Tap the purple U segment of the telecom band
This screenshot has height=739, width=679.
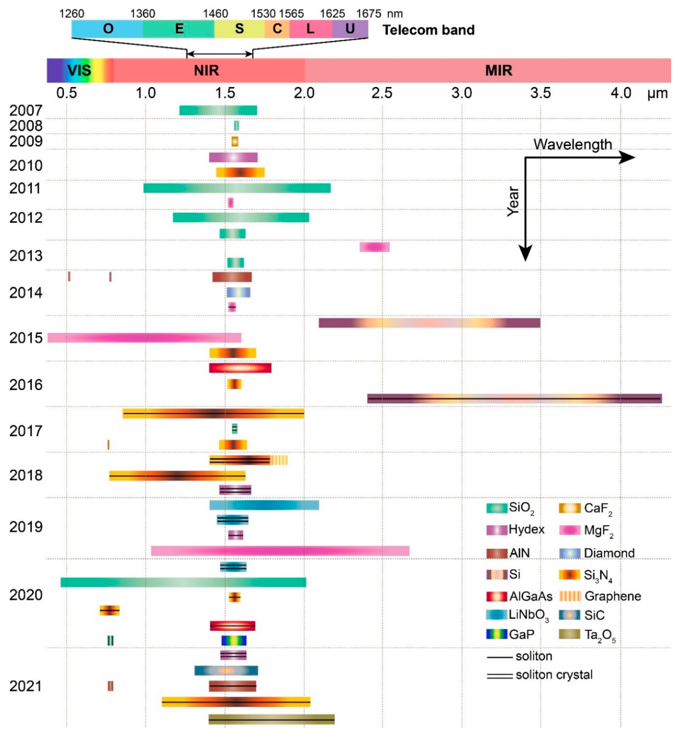pyautogui.click(x=350, y=29)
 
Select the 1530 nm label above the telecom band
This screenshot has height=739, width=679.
pyautogui.click(x=263, y=14)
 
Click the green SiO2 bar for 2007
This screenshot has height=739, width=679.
pyautogui.click(x=218, y=110)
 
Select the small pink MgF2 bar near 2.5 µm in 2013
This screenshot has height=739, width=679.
pyautogui.click(x=374, y=247)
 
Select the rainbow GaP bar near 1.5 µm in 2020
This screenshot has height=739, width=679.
pyautogui.click(x=234, y=640)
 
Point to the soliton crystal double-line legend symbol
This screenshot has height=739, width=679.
pyautogui.click(x=499, y=675)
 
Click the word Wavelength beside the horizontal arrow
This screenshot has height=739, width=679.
pyautogui.click(x=572, y=144)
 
